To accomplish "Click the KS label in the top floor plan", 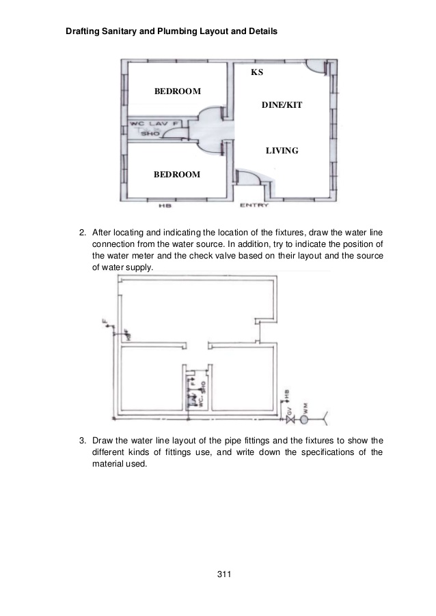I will click(x=257, y=72).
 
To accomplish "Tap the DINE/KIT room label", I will click(x=282, y=106).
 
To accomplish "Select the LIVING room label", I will click(x=282, y=150).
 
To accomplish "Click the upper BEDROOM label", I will click(x=177, y=91).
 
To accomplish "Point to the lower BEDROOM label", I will click(x=177, y=175).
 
